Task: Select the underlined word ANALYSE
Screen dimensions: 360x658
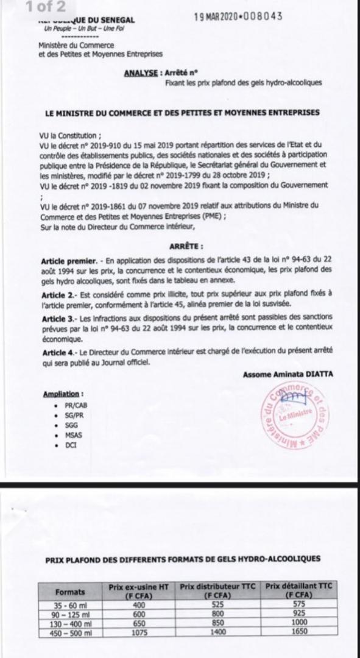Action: (x=141, y=73)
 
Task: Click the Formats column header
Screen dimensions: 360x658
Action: (x=70, y=591)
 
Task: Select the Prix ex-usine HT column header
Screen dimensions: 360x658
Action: (x=139, y=590)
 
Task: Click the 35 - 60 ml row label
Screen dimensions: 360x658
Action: (x=70, y=604)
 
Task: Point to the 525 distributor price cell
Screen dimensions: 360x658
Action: (x=216, y=604)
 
